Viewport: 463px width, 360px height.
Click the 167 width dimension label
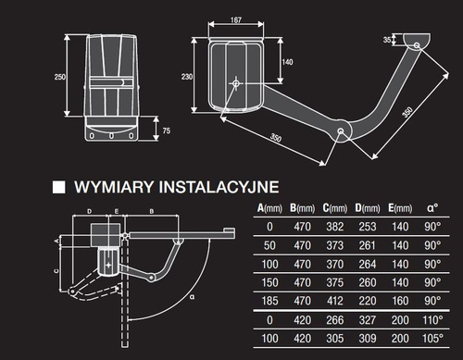pyautogui.click(x=236, y=20)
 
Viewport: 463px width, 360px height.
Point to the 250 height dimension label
pyautogui.click(x=60, y=77)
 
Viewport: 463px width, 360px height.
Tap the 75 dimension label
pyautogui.click(x=167, y=130)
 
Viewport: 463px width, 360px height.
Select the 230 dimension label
pyautogui.click(x=187, y=77)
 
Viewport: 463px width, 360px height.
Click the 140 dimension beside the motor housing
pyautogui.click(x=287, y=62)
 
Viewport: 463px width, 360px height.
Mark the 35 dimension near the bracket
pyautogui.click(x=387, y=40)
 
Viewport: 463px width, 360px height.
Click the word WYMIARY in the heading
pyautogui.click(x=114, y=187)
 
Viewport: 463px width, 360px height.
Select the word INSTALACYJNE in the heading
pyautogui.click(x=219, y=187)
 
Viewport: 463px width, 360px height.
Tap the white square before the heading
pyautogui.click(x=58, y=187)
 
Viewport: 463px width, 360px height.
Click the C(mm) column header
pyautogui.click(x=335, y=208)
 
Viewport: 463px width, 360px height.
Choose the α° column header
pyautogui.click(x=432, y=208)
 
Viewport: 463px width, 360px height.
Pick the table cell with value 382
pyautogui.click(x=335, y=227)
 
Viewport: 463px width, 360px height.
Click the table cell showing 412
pyautogui.click(x=335, y=301)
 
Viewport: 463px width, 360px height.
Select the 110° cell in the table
pyautogui.click(x=432, y=320)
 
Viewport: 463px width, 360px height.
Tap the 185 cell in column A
pyautogui.click(x=269, y=301)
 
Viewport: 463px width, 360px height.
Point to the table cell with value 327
pyautogui.click(x=368, y=320)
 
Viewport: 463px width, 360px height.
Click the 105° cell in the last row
pyautogui.click(x=432, y=339)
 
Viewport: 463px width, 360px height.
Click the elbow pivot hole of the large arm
pyautogui.click(x=341, y=131)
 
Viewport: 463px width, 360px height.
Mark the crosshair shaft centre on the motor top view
pyautogui.click(x=236, y=83)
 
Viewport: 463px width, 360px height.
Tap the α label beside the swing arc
pyautogui.click(x=193, y=297)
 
